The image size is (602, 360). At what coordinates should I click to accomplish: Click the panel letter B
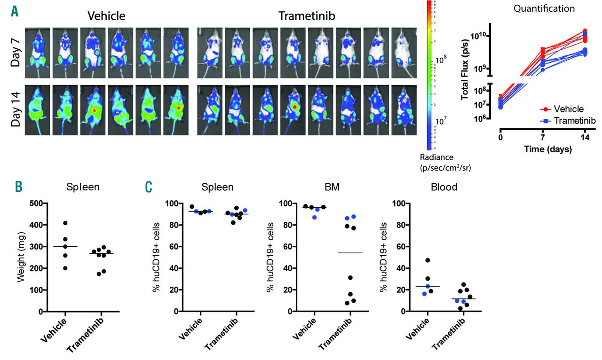point(18,187)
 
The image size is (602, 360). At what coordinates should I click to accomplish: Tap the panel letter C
point(149,187)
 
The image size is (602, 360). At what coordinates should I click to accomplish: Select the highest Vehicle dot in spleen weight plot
point(65,223)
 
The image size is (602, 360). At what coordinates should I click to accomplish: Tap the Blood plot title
point(444,187)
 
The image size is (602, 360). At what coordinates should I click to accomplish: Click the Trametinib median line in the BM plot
point(350,253)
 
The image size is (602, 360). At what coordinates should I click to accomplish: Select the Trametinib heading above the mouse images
point(303,16)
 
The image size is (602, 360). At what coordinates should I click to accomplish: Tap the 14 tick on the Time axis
point(585,138)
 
